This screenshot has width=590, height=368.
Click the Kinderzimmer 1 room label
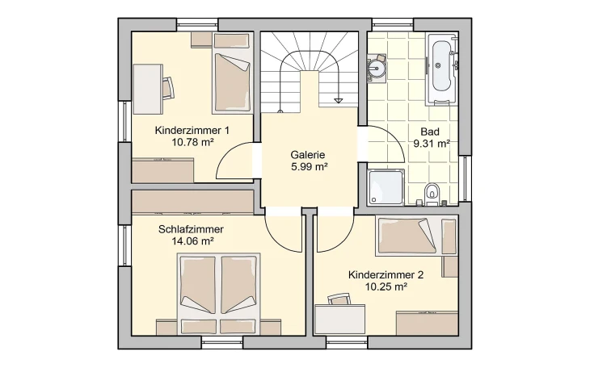(x=192, y=130)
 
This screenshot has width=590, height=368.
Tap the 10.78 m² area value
(x=192, y=142)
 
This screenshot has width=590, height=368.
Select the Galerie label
(x=308, y=155)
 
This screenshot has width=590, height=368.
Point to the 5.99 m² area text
(x=308, y=167)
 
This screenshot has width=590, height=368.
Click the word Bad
(x=430, y=132)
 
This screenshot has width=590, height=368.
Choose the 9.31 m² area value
(x=431, y=144)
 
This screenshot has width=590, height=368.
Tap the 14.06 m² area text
(x=192, y=240)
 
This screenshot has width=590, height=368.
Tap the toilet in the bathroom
(x=432, y=192)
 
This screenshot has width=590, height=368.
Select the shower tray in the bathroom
(x=386, y=187)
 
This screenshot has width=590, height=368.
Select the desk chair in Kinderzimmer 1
(x=169, y=86)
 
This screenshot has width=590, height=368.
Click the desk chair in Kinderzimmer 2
(x=339, y=300)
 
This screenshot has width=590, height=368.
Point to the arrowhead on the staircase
(x=339, y=100)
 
